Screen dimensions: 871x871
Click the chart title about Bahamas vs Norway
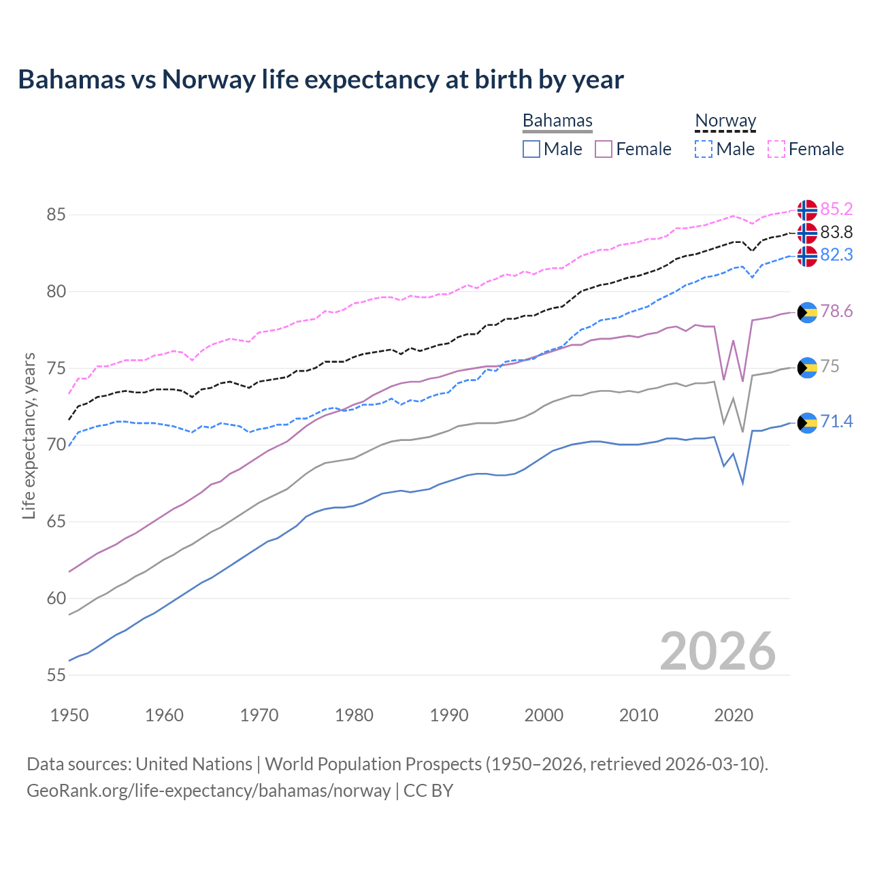[321, 80]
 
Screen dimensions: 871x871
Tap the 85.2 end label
[836, 209]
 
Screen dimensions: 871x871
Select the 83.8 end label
[836, 233]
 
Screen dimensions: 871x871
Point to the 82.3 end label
[836, 254]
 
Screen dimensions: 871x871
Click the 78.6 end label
[836, 312]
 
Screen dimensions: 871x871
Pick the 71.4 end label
[836, 422]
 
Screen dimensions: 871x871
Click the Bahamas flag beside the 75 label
[807, 367]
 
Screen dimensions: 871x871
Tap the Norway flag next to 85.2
[807, 210]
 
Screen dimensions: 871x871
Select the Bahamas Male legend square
[531, 149]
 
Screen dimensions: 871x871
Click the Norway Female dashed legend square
[776, 149]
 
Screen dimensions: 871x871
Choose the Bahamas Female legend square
[604, 149]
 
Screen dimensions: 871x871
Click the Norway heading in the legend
[725, 121]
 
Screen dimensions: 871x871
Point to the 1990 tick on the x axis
[449, 715]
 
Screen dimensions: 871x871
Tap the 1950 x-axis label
[69, 715]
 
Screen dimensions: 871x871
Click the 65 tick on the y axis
[56, 522]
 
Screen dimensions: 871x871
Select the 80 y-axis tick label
[56, 292]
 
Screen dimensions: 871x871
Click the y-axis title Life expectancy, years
[29, 435]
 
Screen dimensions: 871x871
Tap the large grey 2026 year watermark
[717, 651]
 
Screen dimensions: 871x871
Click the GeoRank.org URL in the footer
[208, 791]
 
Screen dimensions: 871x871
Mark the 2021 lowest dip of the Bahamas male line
[742, 483]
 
